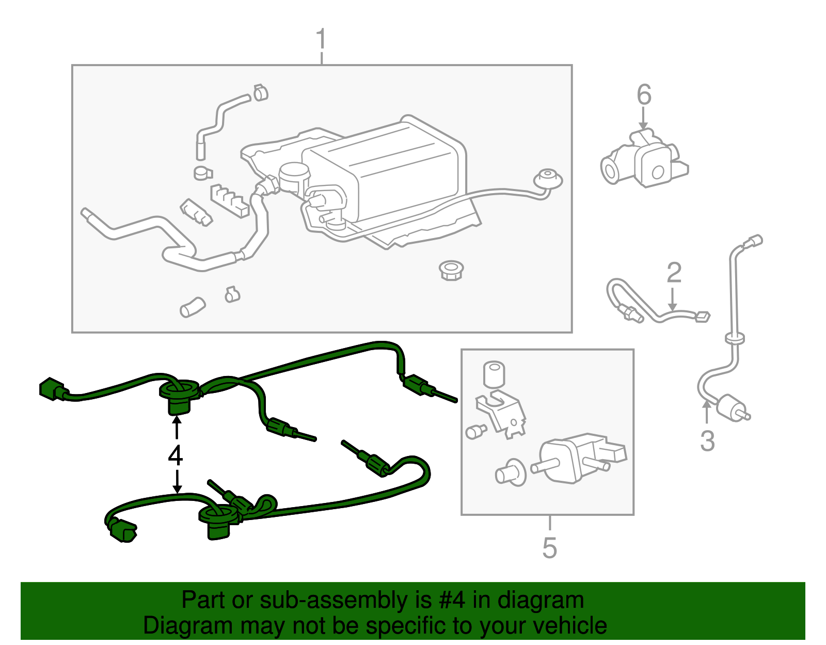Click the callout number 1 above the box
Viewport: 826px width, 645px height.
tap(321, 39)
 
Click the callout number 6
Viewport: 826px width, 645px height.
tap(644, 95)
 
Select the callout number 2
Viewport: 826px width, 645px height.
tap(674, 273)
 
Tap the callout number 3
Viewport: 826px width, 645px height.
tap(707, 441)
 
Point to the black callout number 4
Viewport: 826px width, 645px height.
tap(176, 455)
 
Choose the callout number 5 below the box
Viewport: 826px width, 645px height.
tap(550, 548)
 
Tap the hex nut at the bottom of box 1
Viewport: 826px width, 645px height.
tap(451, 270)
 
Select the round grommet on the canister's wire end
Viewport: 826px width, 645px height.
tap(547, 178)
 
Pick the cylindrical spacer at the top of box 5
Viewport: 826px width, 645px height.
tap(494, 374)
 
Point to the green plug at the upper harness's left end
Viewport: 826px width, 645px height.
tap(52, 389)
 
